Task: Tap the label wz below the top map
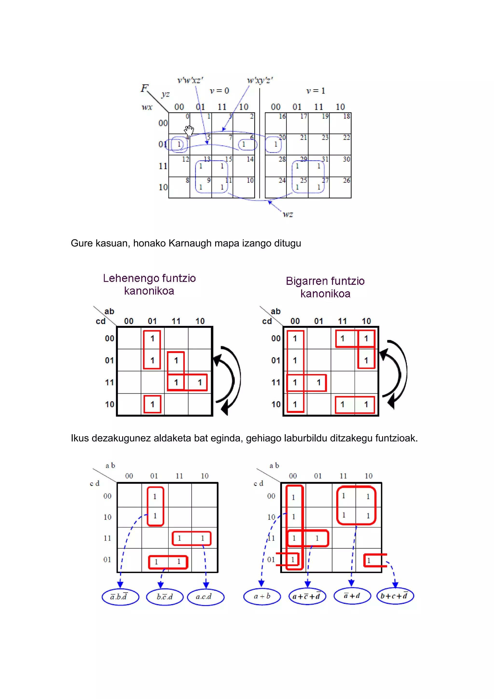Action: [288, 214]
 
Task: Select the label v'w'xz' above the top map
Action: [191, 80]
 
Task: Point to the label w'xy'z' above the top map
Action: [260, 80]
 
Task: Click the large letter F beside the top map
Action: [144, 88]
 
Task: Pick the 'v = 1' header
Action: [316, 91]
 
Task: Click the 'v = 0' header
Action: [219, 91]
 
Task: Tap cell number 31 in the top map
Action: [325, 159]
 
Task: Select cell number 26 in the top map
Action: [346, 180]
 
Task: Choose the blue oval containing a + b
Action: [262, 596]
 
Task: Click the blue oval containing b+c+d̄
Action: [395, 596]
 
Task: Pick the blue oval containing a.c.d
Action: [206, 597]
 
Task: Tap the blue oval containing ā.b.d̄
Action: [120, 597]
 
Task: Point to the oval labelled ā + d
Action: [352, 596]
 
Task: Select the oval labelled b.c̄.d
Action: [165, 597]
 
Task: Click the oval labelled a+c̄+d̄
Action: [307, 596]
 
